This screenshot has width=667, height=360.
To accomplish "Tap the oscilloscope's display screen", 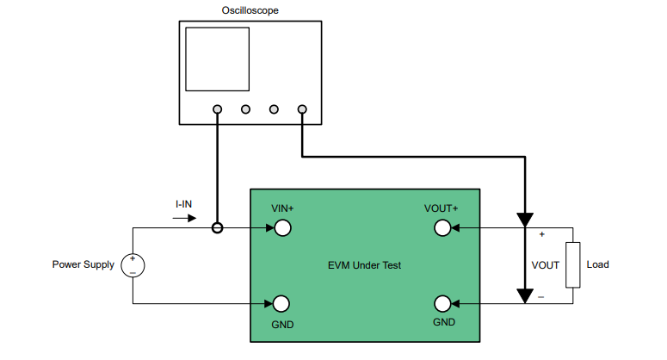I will tap(218, 59).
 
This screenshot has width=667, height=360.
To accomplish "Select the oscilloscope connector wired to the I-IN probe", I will tap(218, 109).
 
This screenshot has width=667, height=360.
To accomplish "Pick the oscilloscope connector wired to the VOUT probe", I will tap(302, 109).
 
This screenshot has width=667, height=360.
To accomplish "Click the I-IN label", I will tap(184, 204).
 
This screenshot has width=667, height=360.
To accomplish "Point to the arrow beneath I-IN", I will tap(184, 218).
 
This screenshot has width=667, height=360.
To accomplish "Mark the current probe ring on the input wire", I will tap(218, 228).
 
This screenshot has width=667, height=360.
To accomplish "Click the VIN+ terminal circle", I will tap(281, 228).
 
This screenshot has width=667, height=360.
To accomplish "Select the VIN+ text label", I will tap(282, 208).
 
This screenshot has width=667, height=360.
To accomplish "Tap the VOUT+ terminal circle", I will tap(442, 228).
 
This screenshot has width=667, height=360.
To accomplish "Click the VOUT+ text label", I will tap(442, 208).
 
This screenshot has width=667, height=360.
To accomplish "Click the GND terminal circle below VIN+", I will tap(281, 303).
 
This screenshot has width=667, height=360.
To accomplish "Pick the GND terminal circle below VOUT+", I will tap(442, 303).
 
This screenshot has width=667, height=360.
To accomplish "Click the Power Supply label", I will tap(83, 265).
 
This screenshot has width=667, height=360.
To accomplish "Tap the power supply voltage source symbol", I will tap(133, 265).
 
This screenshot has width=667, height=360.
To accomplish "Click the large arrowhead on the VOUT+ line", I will tap(524, 220).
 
